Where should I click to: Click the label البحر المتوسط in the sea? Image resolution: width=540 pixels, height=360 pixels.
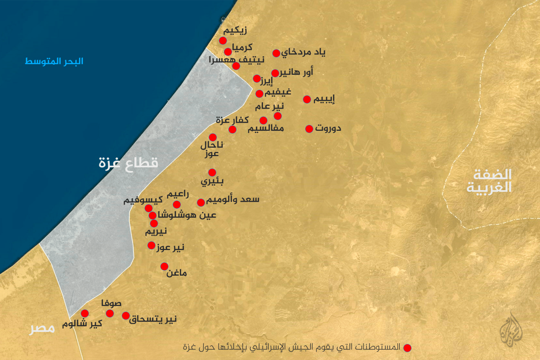click(54, 61)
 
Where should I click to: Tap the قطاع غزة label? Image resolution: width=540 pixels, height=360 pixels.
click(128, 163)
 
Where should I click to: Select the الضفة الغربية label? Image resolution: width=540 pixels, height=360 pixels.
click(489, 181)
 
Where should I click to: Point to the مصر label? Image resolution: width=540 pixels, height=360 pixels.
click(42, 328)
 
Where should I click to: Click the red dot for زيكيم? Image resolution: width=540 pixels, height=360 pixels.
click(223, 41)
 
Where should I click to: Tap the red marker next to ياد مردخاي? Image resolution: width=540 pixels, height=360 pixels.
click(276, 53)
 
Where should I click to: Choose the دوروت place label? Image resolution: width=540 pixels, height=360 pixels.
click(328, 128)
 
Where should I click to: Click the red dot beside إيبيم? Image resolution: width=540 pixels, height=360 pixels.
click(307, 99)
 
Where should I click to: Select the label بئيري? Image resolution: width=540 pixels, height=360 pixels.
click(212, 181)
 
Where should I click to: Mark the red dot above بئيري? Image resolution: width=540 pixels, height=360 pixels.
click(212, 173)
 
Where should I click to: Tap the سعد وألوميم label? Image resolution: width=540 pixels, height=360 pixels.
click(233, 200)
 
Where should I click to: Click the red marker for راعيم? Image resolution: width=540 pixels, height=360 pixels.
click(177, 205)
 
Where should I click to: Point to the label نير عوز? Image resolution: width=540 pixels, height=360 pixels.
click(171, 247)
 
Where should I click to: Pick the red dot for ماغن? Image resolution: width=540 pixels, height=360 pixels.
click(164, 266)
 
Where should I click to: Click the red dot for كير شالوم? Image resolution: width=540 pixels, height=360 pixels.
click(85, 313)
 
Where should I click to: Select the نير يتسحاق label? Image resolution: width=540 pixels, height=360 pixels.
click(153, 319)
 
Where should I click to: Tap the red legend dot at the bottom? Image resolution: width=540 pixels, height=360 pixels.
click(407, 348)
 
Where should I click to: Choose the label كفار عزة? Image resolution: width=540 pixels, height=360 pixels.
click(232, 120)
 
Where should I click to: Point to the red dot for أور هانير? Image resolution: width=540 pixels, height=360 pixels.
click(275, 73)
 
